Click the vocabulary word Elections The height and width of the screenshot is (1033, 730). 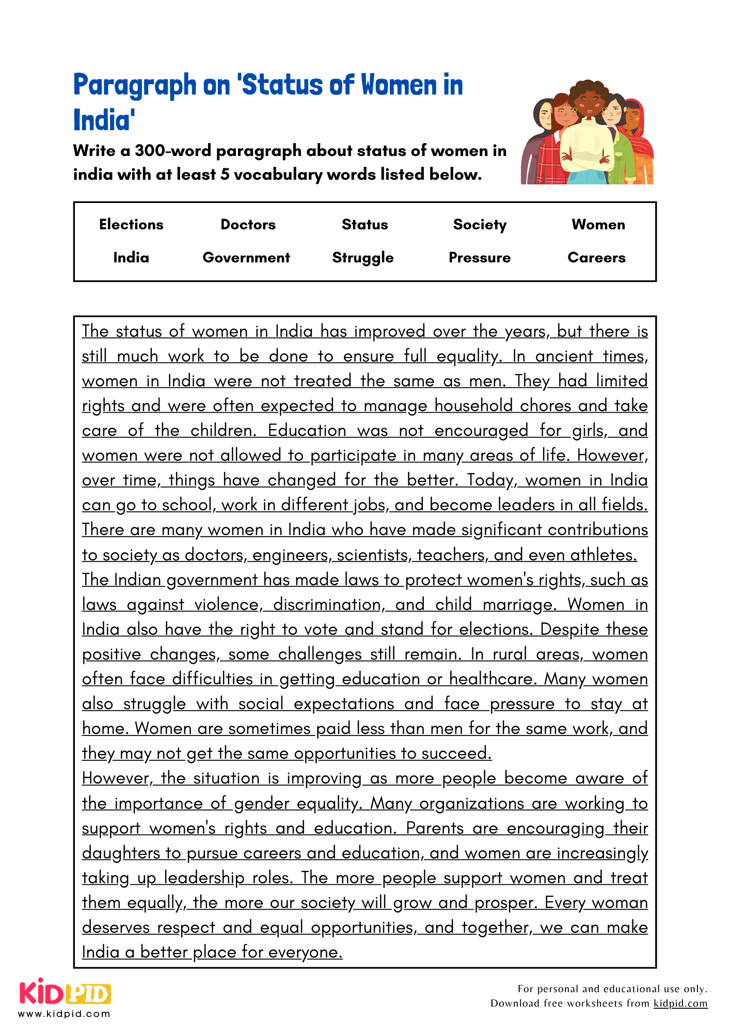[131, 224]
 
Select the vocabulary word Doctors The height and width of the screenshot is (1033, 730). [248, 224]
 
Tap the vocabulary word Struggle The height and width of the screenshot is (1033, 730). [363, 257]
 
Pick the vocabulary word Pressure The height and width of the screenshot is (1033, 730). [480, 257]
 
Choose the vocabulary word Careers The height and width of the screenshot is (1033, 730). [596, 257]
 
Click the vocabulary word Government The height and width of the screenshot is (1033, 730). [246, 257]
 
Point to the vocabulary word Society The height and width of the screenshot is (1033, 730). [480, 224]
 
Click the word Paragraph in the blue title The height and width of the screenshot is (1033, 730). [135, 85]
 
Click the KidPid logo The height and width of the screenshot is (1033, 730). [65, 993]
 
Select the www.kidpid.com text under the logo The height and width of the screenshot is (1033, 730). [64, 1013]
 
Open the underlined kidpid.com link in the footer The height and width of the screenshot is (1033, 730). [680, 1003]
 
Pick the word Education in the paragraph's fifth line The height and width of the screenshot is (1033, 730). [307, 430]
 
